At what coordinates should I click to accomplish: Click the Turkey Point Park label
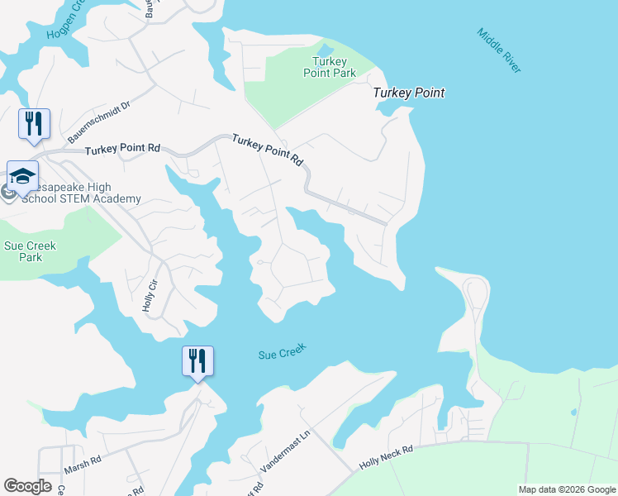pos(334,67)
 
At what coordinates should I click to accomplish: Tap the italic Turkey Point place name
pos(408,93)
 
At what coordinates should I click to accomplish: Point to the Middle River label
pos(499,50)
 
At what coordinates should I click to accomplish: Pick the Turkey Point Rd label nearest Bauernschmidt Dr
pos(123,149)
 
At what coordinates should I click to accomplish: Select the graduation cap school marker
pos(23,175)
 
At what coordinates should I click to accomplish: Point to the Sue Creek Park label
pos(30,251)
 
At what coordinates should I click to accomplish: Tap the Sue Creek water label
pos(282,351)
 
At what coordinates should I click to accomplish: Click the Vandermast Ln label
pos(284,451)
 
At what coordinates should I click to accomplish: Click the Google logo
pos(27,486)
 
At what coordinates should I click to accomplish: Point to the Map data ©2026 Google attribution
pos(566,489)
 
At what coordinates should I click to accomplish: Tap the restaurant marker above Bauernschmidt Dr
pos(34,123)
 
